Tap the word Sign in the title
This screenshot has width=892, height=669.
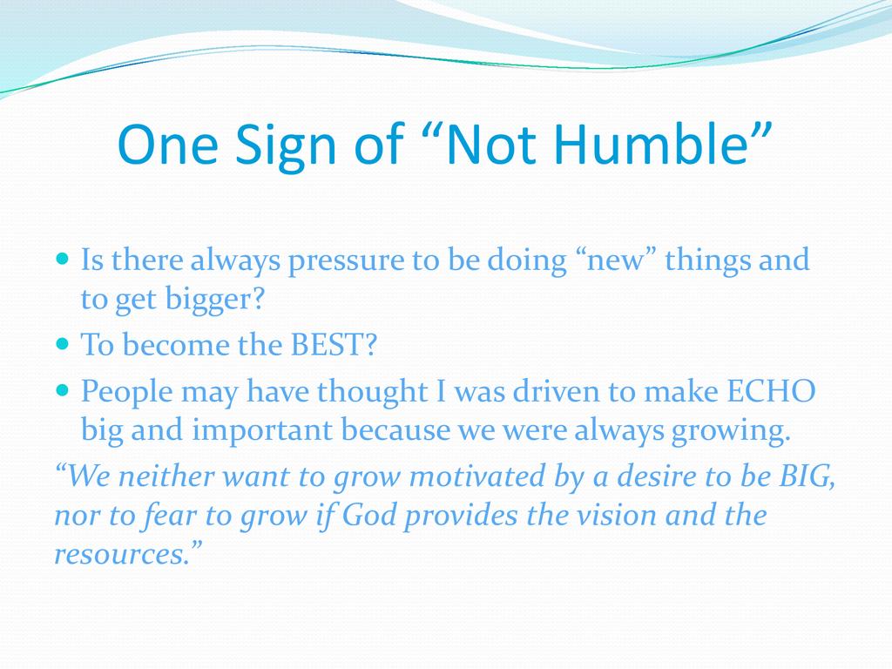coord(286,146)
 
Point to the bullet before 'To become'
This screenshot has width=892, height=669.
coord(63,344)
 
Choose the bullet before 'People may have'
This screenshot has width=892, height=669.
coord(63,390)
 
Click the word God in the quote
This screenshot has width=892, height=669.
coord(369,515)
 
